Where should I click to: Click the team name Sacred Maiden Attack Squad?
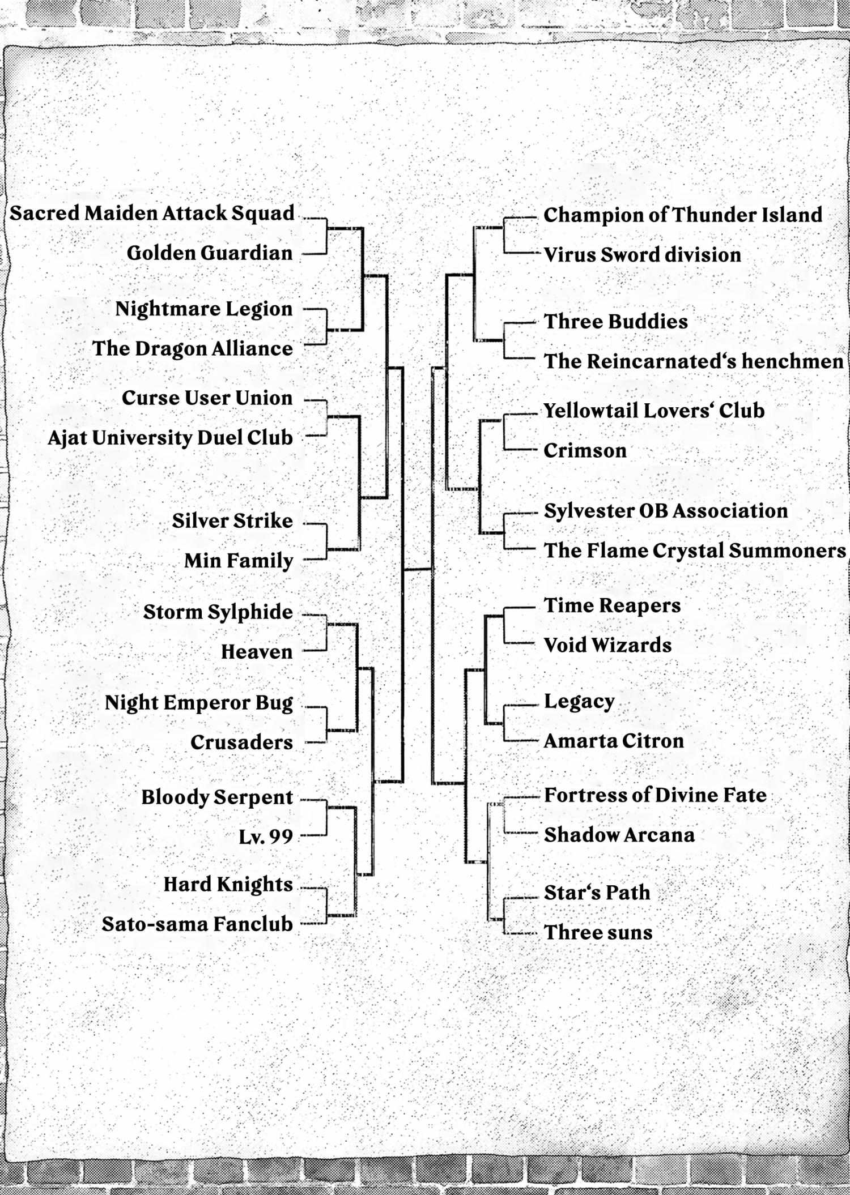152,214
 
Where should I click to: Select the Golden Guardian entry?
210,253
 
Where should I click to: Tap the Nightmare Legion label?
204,309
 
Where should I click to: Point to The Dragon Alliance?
193,348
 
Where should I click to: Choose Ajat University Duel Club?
171,438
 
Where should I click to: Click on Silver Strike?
232,521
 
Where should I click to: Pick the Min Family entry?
239,561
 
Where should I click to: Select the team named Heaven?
257,652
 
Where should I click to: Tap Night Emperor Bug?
199,703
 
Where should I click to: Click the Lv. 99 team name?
266,836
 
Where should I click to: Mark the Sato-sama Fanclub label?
197,924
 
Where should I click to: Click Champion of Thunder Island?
683,215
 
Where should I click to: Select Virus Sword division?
642,255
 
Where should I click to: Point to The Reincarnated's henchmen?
694,361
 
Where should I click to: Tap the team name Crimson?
585,451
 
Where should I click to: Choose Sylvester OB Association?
666,511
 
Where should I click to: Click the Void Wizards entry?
607,645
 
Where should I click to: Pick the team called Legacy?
579,702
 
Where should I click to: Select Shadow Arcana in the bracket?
619,835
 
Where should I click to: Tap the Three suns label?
598,932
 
